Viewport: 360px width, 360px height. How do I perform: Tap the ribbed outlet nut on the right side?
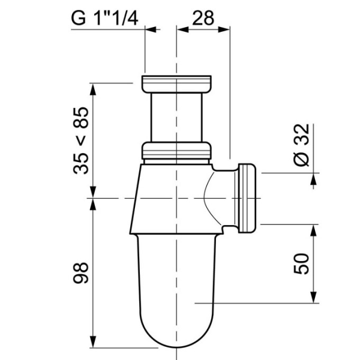(x=248, y=197)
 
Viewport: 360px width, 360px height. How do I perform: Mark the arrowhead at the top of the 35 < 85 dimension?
(x=92, y=87)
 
